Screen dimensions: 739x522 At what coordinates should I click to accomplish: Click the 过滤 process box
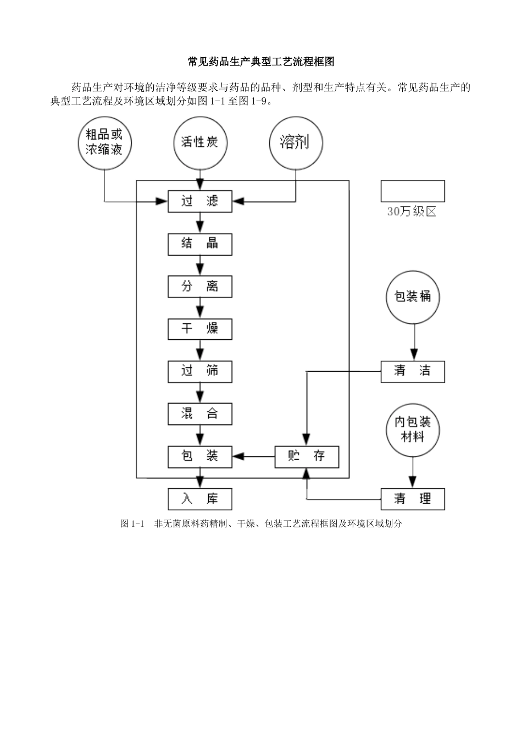point(199,201)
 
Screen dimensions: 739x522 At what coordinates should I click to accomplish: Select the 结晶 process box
point(199,244)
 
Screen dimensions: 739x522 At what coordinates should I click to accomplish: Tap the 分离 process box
point(199,286)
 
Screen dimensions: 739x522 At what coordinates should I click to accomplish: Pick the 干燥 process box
point(199,329)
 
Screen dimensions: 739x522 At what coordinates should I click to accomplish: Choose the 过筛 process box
point(199,371)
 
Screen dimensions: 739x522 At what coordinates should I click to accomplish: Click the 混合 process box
point(199,413)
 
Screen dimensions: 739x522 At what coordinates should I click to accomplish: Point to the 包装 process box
point(199,456)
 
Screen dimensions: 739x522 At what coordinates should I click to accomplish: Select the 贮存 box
point(307,456)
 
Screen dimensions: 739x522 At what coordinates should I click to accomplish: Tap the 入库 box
point(199,499)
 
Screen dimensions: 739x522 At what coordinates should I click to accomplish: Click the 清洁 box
point(412,371)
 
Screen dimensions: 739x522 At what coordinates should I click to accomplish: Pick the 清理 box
point(412,499)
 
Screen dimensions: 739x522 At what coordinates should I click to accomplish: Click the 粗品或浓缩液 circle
point(104,142)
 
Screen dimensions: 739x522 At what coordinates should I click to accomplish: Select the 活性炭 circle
point(200,142)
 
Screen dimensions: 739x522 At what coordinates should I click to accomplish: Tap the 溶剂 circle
point(296,142)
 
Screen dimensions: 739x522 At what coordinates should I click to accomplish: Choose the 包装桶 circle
point(413,297)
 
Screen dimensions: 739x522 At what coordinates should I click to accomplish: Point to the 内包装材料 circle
point(413,430)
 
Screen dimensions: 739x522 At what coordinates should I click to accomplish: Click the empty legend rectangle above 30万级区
point(412,191)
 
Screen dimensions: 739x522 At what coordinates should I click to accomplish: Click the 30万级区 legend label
point(412,212)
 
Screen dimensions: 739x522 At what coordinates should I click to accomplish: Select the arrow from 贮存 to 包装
point(254,456)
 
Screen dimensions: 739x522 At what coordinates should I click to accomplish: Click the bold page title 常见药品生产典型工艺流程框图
point(261,62)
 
